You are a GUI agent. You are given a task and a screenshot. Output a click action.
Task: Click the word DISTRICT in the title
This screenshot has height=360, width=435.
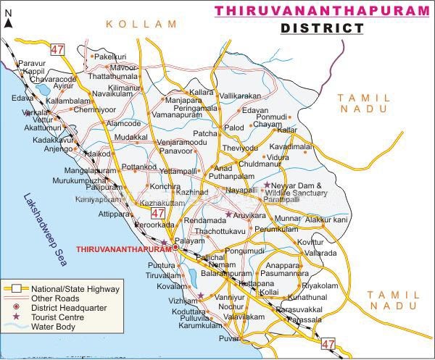pos(322,28)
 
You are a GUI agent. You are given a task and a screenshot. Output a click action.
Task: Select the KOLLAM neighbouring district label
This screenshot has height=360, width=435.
pos(141,24)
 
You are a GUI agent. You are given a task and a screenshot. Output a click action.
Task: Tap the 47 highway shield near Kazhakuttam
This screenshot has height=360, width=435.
pos(158,214)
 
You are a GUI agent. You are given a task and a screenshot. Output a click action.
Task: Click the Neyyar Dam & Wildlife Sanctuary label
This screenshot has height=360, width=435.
pos(301,190)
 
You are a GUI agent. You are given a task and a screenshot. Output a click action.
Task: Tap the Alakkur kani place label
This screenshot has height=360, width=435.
pos(326,219)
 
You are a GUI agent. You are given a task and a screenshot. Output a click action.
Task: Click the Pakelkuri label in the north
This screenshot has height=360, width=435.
pos(110,56)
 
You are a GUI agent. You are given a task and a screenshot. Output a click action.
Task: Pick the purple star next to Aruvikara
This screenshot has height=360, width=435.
pos(228,214)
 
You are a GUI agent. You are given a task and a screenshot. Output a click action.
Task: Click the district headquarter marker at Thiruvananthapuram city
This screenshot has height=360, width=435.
pos(175,247)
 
